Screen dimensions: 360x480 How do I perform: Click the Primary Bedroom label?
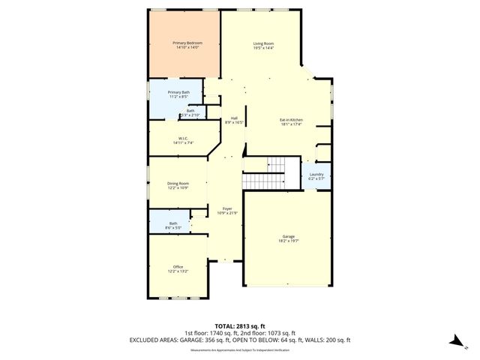184,43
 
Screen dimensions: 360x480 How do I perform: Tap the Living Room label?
262,44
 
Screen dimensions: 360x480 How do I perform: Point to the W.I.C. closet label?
183,138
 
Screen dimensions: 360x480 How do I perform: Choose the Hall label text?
234,118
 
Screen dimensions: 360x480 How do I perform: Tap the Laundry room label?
316,174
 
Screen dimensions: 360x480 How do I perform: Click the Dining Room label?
178,183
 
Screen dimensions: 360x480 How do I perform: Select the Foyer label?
226,208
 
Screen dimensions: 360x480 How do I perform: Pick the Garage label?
289,236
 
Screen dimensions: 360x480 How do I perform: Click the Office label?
178,266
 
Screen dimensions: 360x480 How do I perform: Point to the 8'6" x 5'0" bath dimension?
173,227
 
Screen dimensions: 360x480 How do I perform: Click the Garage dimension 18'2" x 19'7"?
289,241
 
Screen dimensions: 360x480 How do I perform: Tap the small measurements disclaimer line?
239,349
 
